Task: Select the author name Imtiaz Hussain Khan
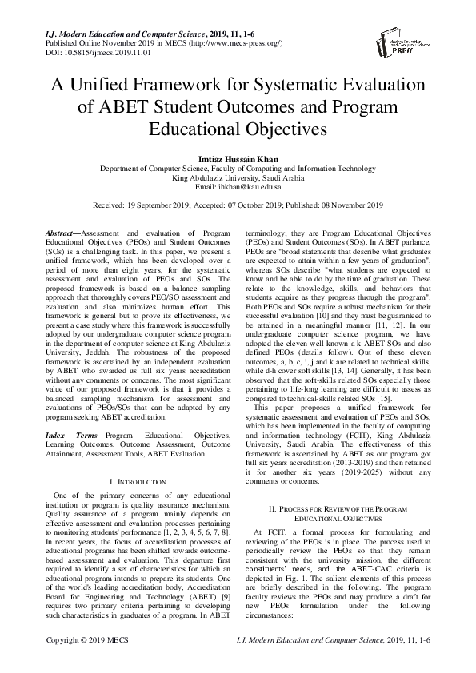[238, 159]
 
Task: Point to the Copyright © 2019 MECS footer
[88, 663]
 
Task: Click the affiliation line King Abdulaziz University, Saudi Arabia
[238, 178]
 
